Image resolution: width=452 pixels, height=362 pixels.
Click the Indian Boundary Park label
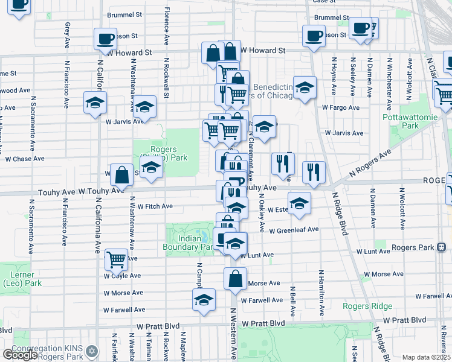(187, 242)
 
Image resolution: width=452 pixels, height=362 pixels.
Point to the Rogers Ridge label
(367, 306)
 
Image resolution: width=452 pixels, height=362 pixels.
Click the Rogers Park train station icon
(442, 247)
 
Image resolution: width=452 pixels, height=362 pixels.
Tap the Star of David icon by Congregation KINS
(91, 351)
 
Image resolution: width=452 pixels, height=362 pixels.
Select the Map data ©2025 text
(426, 357)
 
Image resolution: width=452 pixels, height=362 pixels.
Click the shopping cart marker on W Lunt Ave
(117, 259)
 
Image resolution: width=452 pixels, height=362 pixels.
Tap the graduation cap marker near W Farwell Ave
(204, 299)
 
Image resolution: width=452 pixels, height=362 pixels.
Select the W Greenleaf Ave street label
(293, 230)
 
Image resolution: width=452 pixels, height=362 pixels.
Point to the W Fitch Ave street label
(155, 206)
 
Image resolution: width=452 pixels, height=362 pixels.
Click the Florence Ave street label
(166, 26)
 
